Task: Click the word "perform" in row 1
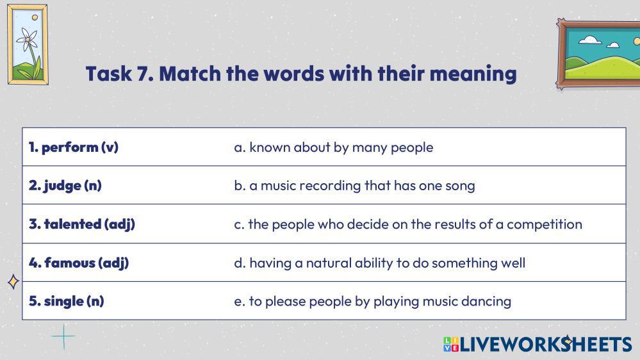point(70,147)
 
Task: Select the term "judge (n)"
point(65,186)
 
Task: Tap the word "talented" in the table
point(72,224)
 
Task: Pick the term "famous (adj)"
point(79,263)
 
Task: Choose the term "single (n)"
point(66,301)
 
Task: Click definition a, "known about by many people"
point(334,148)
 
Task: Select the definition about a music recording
point(355,186)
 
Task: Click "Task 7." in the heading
point(120,74)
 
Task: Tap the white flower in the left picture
point(28,40)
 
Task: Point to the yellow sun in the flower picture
point(35,17)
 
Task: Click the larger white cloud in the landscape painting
point(590,40)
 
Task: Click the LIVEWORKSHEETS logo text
point(546,344)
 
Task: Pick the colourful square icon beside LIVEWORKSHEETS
point(451,344)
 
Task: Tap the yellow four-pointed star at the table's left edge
point(13,282)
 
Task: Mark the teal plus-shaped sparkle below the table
point(63,337)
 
